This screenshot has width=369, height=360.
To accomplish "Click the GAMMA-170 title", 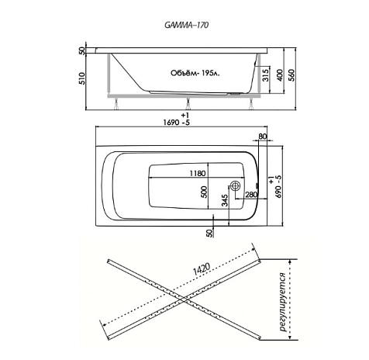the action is [x=186, y=25].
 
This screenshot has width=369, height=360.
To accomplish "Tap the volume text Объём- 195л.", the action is [x=195, y=73].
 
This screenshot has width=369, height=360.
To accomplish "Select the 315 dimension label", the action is [x=266, y=75].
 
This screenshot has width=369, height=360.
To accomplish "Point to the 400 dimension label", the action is [x=280, y=75].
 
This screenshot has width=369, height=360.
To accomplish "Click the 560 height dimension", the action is [x=291, y=75].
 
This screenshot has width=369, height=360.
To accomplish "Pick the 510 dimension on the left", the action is [x=82, y=78].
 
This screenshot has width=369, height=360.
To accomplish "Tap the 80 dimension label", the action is [x=263, y=137].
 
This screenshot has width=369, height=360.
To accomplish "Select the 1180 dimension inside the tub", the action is [x=198, y=173].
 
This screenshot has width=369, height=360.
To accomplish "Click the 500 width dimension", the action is [x=204, y=192].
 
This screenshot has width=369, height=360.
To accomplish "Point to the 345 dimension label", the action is [x=225, y=201].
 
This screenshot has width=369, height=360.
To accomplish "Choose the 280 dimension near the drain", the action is [x=251, y=194].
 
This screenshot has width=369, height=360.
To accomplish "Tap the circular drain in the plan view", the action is [x=236, y=185].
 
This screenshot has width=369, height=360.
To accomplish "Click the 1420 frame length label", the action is [x=202, y=270].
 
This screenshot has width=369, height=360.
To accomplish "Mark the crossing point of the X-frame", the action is [x=184, y=299].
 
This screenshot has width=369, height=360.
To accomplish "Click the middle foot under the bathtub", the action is [x=188, y=103].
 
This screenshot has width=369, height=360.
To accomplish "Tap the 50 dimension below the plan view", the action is [x=211, y=234].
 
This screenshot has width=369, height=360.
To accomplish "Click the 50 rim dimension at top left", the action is [x=82, y=50].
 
